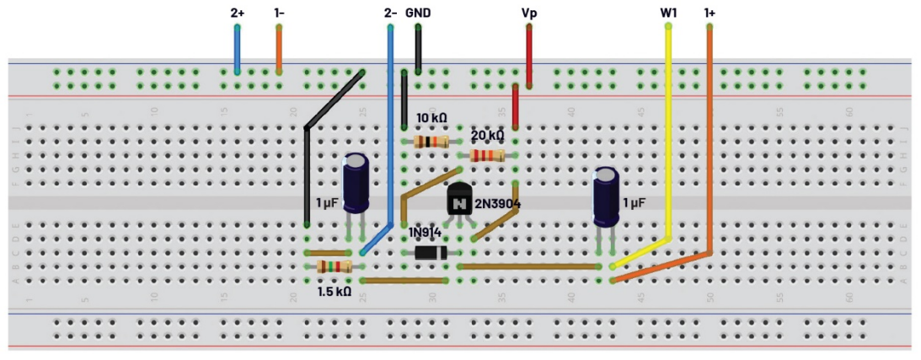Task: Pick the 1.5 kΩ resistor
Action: pyautogui.click(x=334, y=267)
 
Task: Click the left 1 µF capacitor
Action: pyautogui.click(x=357, y=183)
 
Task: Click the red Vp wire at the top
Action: pyautogui.click(x=529, y=56)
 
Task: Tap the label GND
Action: pyautogui.click(x=419, y=13)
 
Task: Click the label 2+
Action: pyautogui.click(x=238, y=13)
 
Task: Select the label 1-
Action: pyautogui.click(x=279, y=13)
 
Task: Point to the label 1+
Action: pyautogui.click(x=710, y=13)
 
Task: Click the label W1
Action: pyautogui.click(x=668, y=13)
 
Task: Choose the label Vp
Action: pyautogui.click(x=529, y=13)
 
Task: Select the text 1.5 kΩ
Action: pyautogui.click(x=334, y=292)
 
